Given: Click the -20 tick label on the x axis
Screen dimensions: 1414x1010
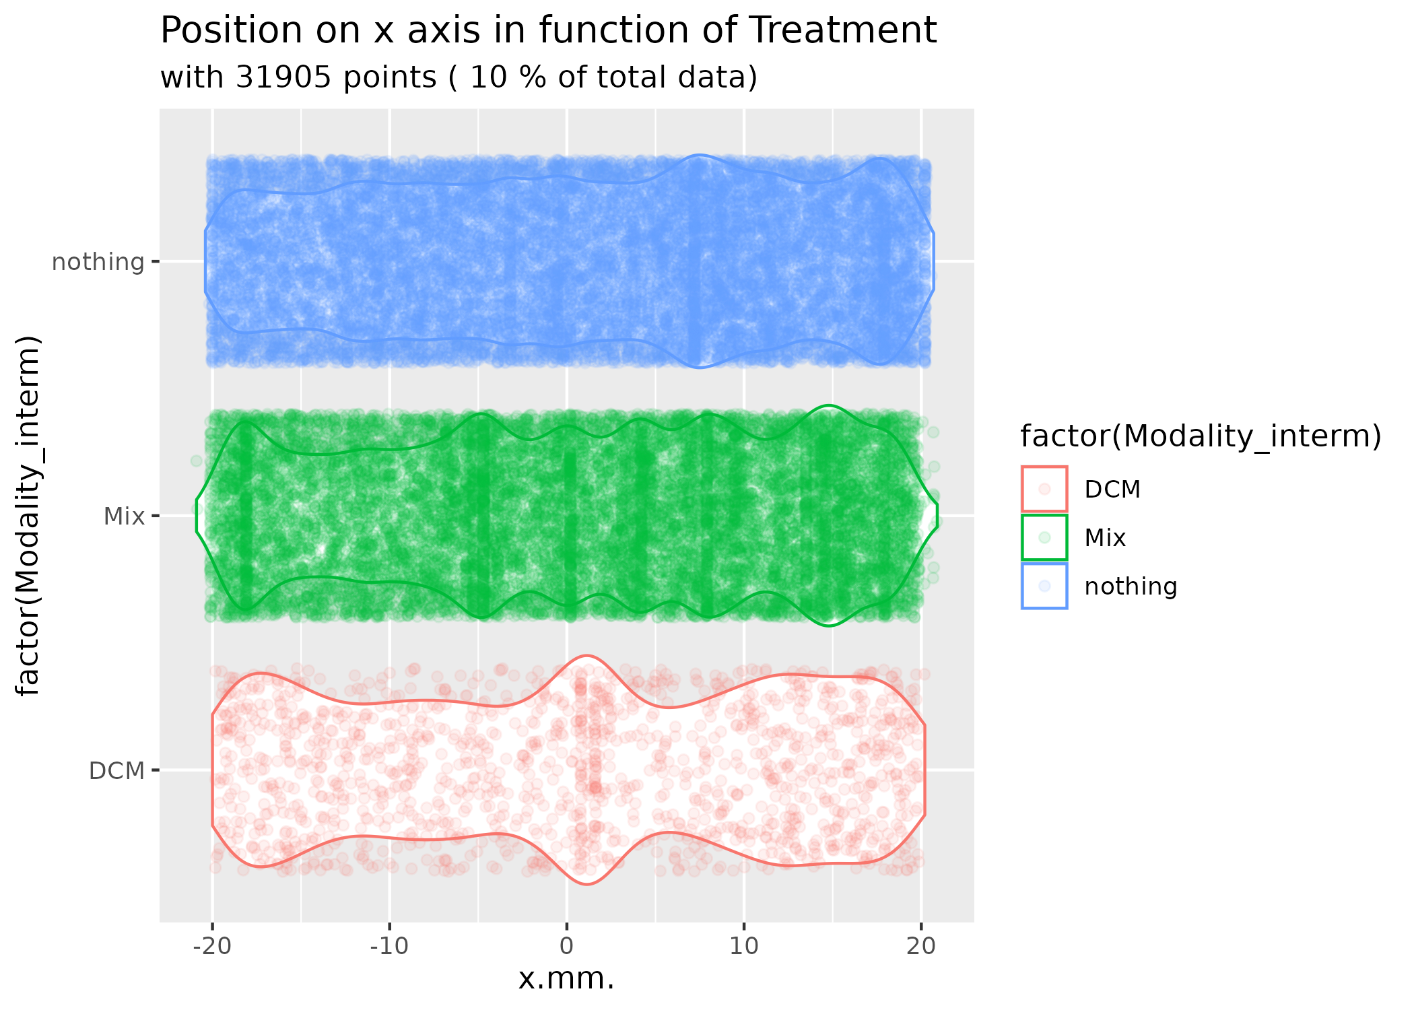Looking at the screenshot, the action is (x=211, y=947).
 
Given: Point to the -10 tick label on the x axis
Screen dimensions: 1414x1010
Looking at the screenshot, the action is (x=389, y=947).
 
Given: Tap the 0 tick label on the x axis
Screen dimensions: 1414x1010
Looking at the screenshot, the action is (x=567, y=947).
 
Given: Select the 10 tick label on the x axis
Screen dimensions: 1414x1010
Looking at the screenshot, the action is (x=744, y=947).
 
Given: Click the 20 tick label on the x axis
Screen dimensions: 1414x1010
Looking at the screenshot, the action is (x=921, y=947).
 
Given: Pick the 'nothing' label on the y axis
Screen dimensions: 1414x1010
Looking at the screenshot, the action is (x=98, y=262).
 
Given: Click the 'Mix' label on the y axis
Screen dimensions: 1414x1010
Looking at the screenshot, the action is (x=124, y=516).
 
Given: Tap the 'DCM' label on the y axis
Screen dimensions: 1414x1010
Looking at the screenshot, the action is (x=117, y=770).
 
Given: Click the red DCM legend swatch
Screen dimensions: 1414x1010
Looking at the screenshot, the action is (x=1044, y=489).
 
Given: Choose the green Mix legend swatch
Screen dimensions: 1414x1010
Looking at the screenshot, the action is (x=1044, y=537).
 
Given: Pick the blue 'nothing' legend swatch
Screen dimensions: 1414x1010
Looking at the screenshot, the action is (x=1044, y=586).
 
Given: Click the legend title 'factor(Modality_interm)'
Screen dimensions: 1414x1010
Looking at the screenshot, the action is (x=1201, y=437).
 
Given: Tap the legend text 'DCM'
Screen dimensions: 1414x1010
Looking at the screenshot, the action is (x=1112, y=490).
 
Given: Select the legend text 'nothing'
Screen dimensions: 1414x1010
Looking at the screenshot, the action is (x=1131, y=586).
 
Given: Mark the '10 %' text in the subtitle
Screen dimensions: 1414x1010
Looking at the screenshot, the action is (x=506, y=77).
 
